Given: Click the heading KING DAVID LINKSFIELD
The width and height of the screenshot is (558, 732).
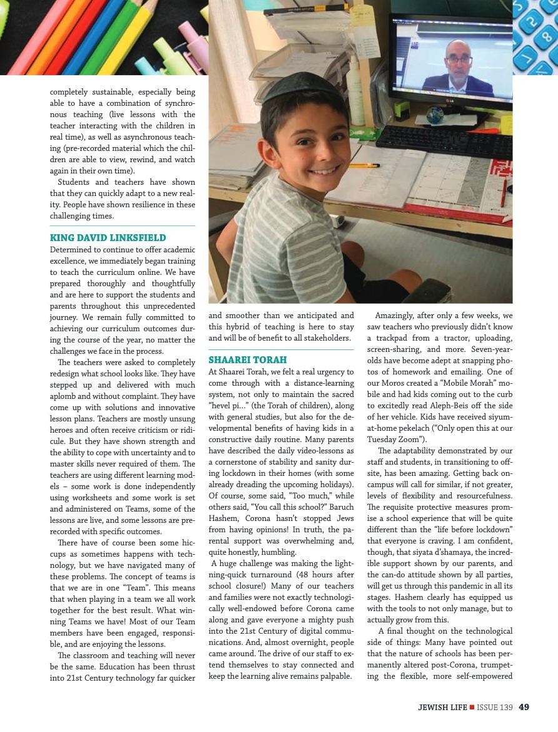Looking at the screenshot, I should [x=108, y=238].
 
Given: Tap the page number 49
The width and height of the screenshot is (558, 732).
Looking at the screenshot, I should [x=524, y=708].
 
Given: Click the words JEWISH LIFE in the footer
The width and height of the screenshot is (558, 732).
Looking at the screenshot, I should [x=442, y=708].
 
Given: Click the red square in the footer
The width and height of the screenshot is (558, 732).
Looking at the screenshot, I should [x=472, y=708].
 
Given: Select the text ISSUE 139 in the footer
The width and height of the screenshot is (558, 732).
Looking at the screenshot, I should [x=495, y=708].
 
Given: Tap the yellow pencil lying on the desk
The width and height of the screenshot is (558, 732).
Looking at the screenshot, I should [x=364, y=166].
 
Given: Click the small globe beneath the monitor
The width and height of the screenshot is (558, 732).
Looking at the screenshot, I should [x=434, y=115].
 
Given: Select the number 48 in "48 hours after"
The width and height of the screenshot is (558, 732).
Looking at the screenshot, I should [x=290, y=575].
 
